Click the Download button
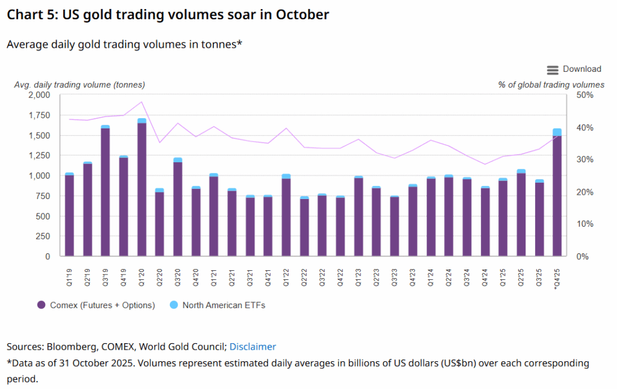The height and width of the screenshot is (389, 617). (574, 69)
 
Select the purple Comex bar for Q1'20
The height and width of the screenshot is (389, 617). (142, 190)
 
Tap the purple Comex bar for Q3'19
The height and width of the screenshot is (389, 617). (105, 193)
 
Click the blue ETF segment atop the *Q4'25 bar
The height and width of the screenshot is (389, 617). (557, 132)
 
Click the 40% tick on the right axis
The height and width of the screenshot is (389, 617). (586, 127)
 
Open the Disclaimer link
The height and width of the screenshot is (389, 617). (252, 347)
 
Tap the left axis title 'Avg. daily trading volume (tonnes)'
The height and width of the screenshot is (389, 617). (80, 85)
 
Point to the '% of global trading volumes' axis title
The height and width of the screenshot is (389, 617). (551, 85)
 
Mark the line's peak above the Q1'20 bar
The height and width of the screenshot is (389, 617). (142, 101)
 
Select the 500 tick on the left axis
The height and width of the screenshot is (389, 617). (43, 216)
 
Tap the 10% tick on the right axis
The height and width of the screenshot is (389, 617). (586, 224)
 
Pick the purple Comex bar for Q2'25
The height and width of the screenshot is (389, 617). (521, 215)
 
